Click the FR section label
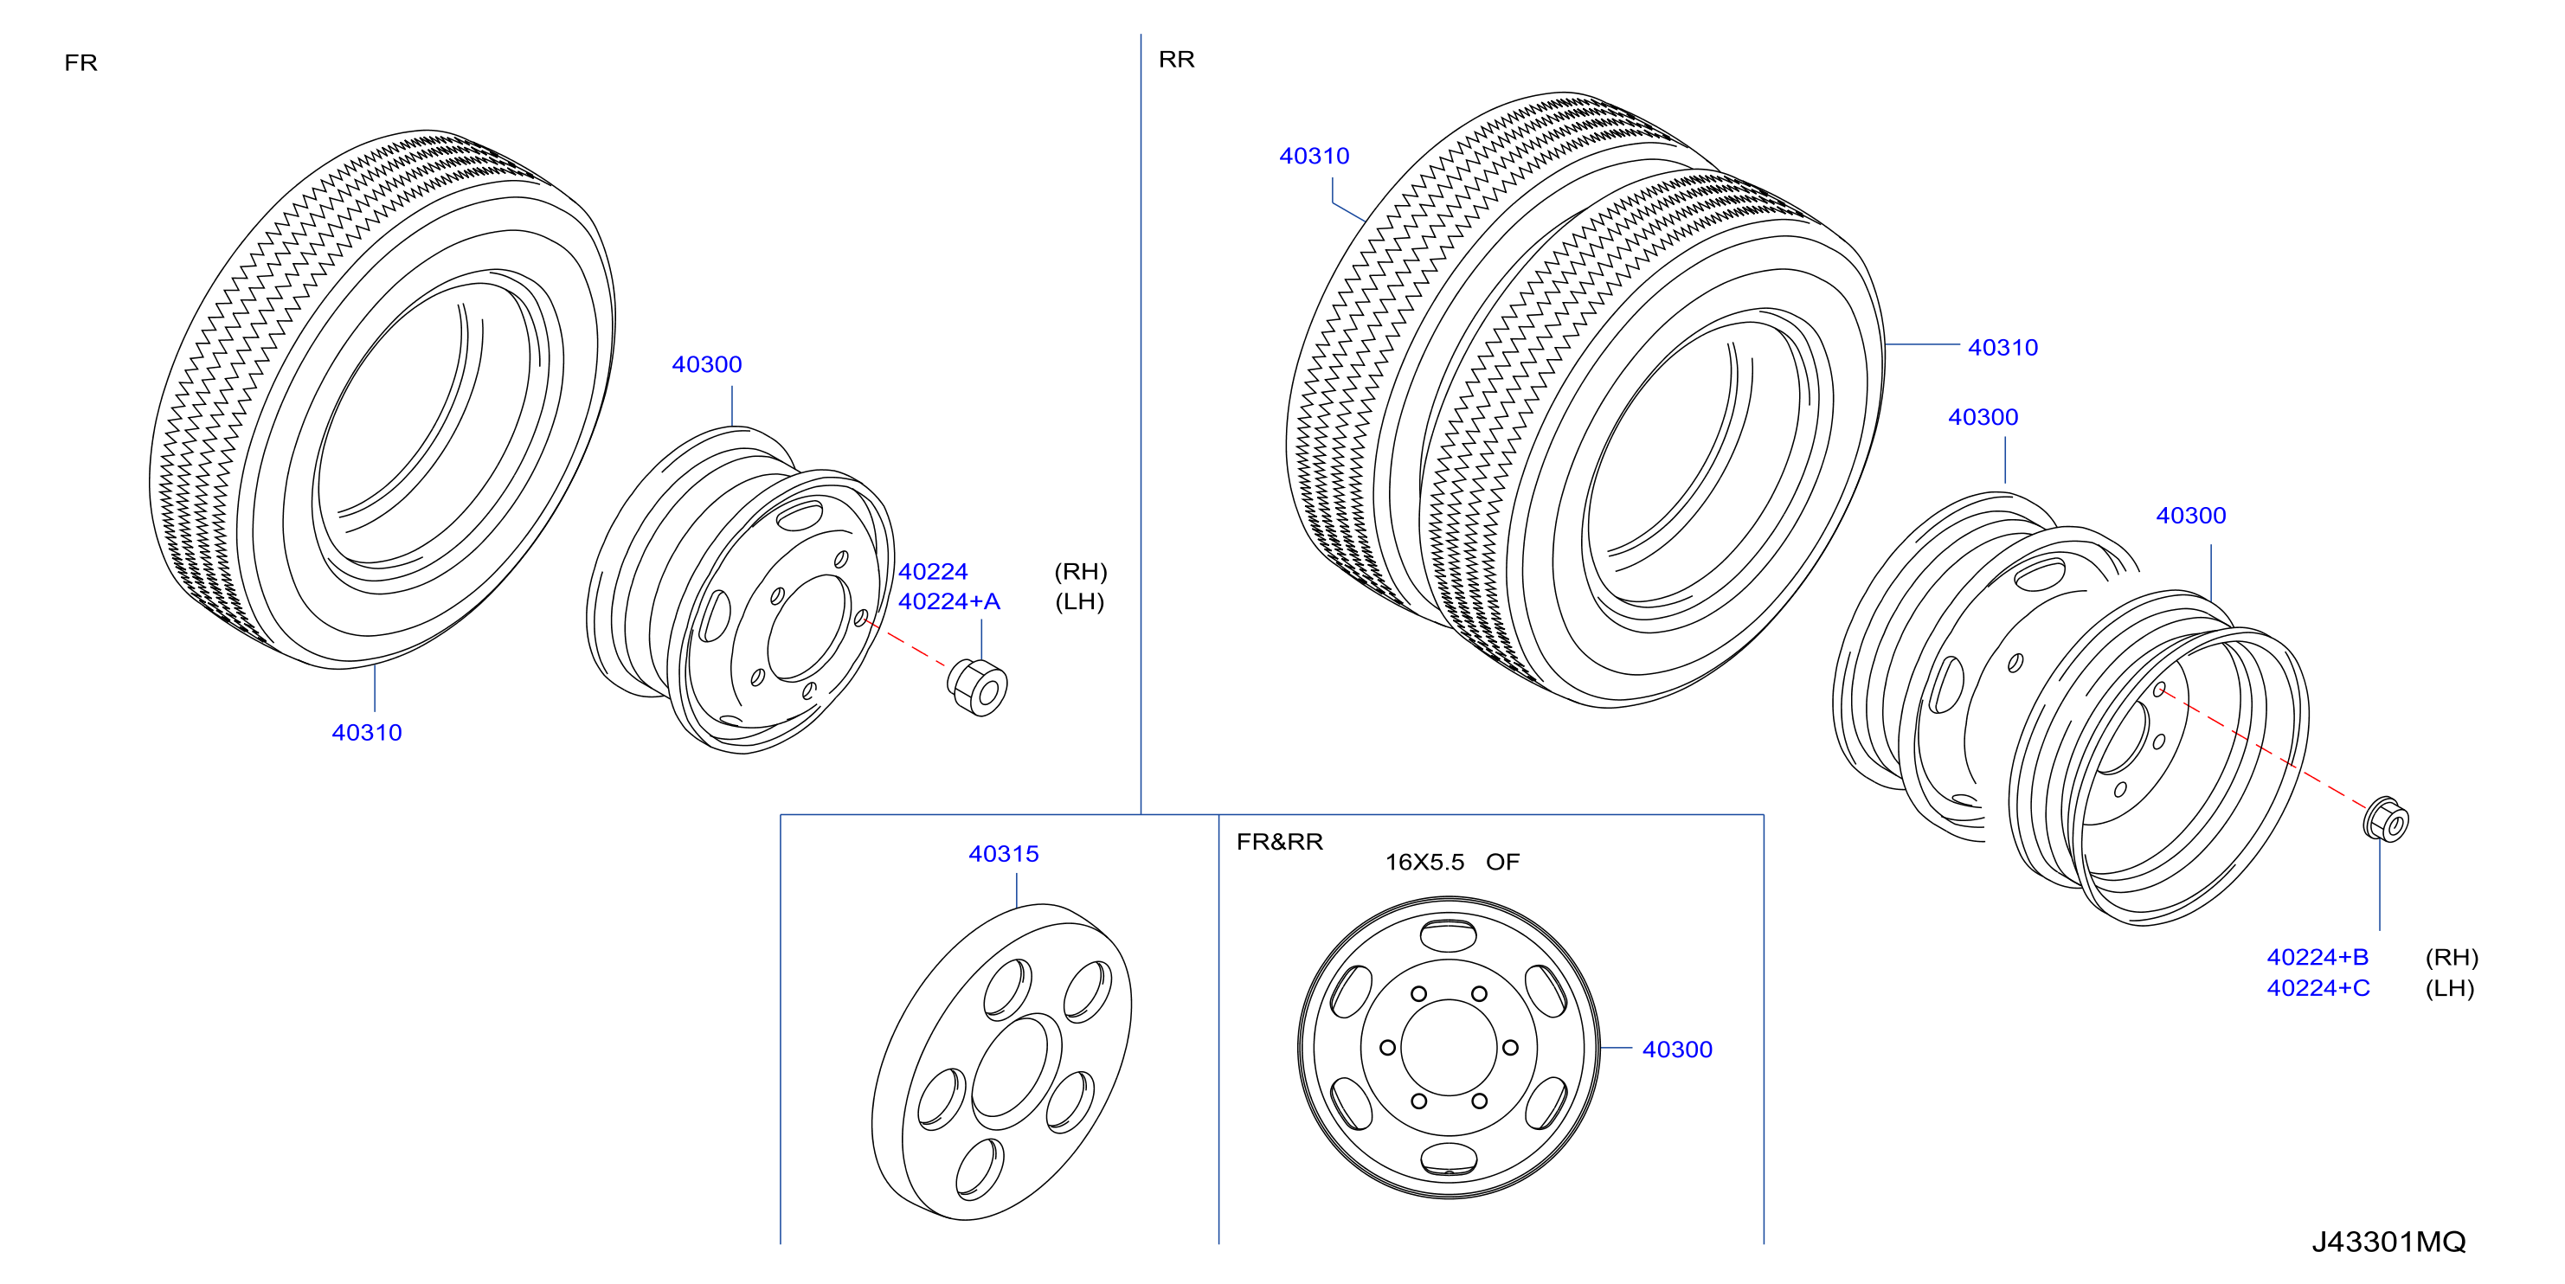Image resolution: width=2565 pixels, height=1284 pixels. coord(80,62)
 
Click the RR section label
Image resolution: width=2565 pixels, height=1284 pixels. coord(1176,60)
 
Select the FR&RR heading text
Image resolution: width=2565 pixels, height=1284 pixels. coord(1280,842)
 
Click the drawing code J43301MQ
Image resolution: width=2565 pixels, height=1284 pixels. coord(2388,1242)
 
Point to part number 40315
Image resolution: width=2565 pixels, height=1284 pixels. coord(1004,854)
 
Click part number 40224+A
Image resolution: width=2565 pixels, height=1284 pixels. coord(949,601)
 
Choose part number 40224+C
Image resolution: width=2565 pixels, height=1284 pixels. coord(2318,988)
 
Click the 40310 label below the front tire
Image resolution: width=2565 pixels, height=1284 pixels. coord(366,733)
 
